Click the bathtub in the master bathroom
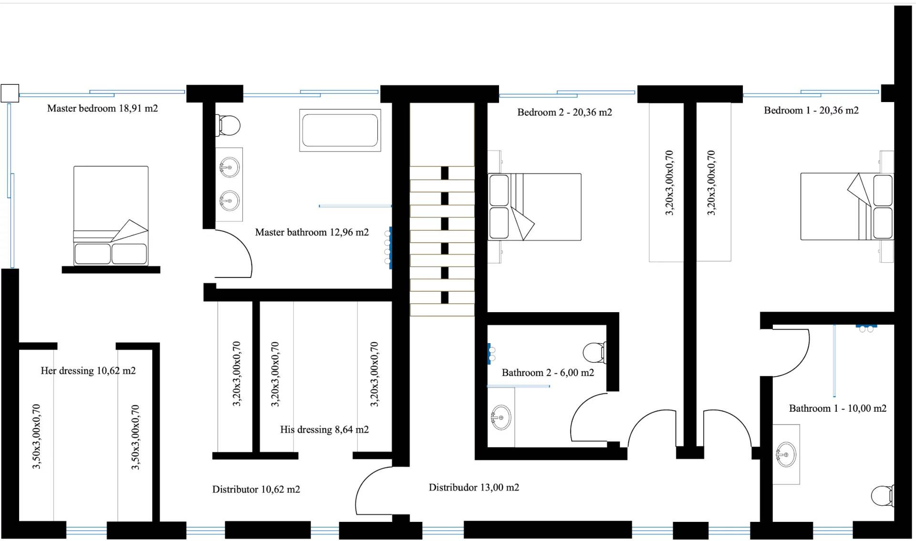tap(340, 130)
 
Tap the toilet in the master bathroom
tap(228, 125)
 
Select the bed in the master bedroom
tap(111, 215)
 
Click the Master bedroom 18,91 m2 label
tap(103, 108)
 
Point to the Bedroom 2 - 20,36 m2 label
tap(564, 112)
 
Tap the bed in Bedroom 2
tap(534, 206)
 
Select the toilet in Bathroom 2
tap(594, 353)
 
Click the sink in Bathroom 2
tap(501, 418)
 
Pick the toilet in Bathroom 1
tap(882, 496)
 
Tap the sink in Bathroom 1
tap(786, 455)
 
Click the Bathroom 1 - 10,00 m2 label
tap(838, 408)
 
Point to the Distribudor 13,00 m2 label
tap(474, 488)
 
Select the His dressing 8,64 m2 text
tap(324, 429)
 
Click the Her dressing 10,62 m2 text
tap(88, 371)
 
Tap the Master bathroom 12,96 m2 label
tap(312, 232)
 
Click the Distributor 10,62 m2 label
tap(256, 490)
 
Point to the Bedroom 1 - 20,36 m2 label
tap(811, 111)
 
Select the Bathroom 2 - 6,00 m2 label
tap(548, 373)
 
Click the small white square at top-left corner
tap(10, 93)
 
